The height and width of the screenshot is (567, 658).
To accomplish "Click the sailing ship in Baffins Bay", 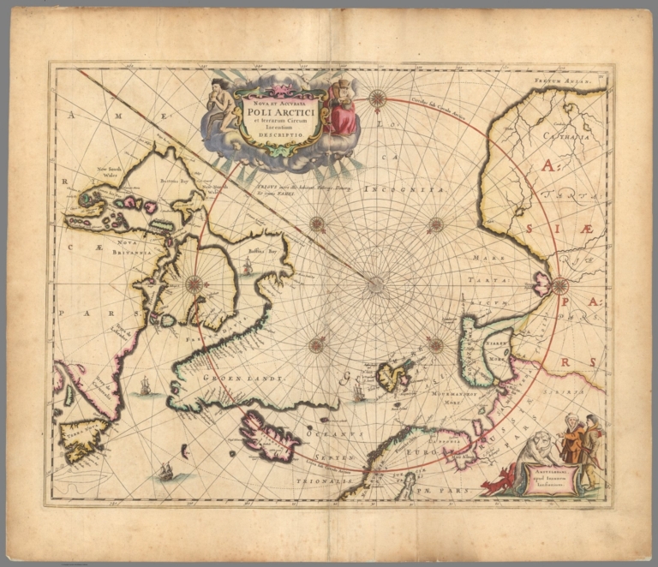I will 248,267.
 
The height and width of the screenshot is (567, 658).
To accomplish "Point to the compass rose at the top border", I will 377,98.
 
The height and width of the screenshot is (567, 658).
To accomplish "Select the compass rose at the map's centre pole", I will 376,285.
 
